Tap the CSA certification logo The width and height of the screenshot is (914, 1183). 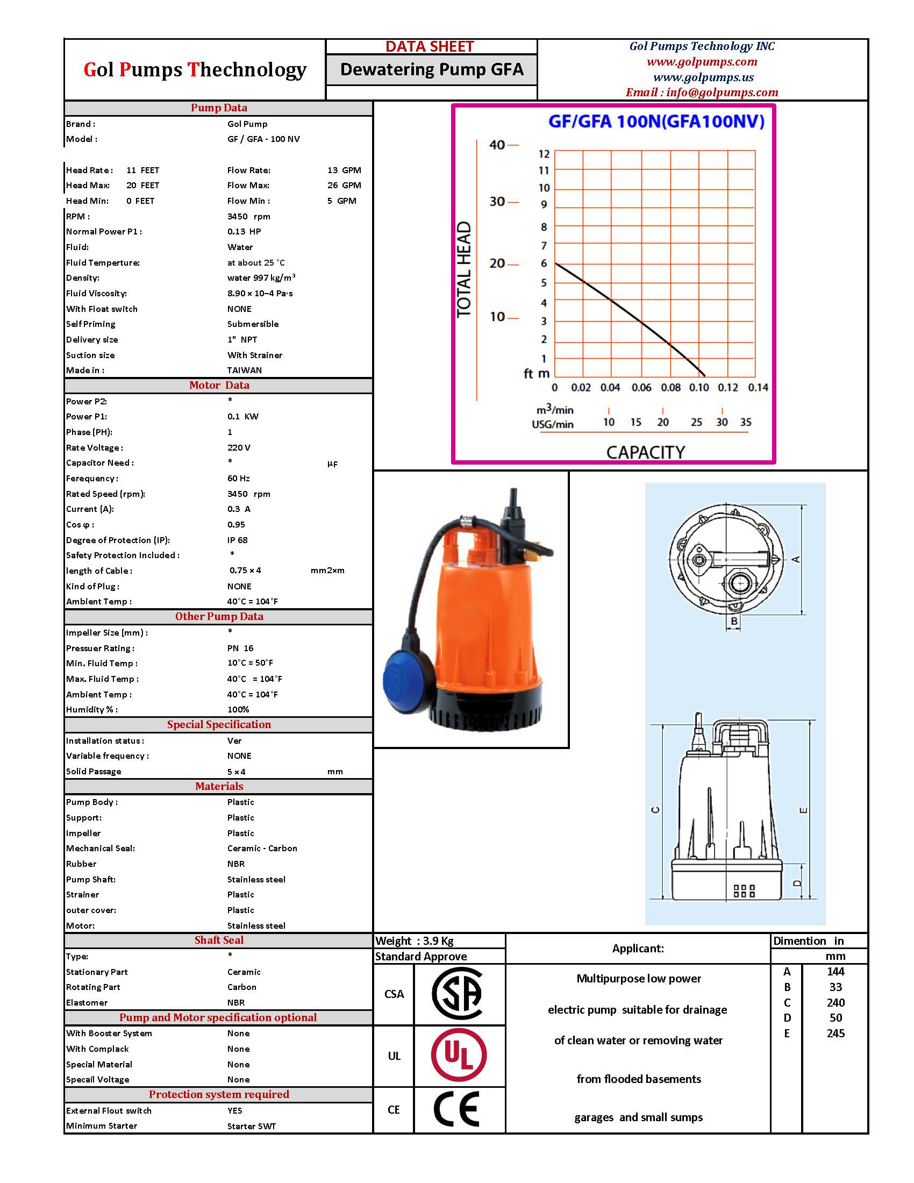click(458, 994)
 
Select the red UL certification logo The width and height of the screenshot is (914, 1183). click(459, 1055)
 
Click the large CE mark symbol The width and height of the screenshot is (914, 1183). click(456, 1109)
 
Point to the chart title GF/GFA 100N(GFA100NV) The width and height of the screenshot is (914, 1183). click(656, 122)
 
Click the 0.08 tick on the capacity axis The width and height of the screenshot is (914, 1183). click(670, 388)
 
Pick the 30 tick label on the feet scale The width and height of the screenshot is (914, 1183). click(497, 202)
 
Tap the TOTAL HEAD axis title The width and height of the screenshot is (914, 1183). click(465, 269)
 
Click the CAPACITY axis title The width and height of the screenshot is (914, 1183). click(645, 452)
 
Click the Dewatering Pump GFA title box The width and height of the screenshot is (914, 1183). click(432, 69)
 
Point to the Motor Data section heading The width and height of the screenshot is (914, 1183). click(219, 385)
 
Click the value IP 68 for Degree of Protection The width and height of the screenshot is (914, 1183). click(237, 540)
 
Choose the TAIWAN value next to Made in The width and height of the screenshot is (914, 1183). click(244, 370)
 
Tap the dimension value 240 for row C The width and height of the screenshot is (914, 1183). click(836, 1003)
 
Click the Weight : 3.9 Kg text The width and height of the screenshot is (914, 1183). click(414, 941)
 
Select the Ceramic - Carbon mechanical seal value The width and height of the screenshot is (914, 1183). click(262, 848)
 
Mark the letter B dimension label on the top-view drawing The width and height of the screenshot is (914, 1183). click(734, 621)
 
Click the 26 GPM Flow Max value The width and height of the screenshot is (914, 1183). click(344, 186)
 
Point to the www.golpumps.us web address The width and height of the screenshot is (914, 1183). click(703, 77)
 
